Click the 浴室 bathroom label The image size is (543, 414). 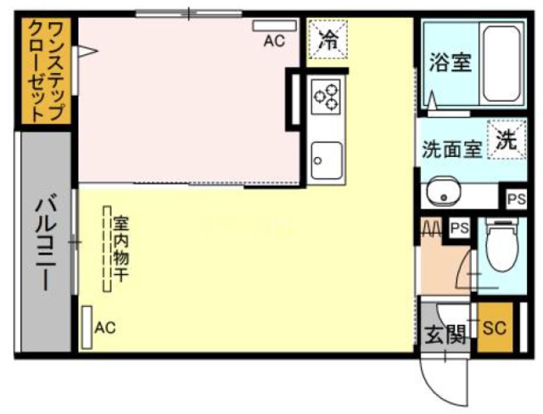(450, 64)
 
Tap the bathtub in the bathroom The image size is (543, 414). (500, 64)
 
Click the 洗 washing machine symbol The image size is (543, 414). (507, 140)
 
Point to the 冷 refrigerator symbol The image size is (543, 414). (327, 38)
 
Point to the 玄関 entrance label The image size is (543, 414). (445, 334)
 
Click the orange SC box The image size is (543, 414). (494, 328)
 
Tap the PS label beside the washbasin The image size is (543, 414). (516, 199)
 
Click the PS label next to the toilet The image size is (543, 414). (459, 227)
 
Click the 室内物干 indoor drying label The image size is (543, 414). (120, 250)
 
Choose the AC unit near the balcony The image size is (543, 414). (87, 323)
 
